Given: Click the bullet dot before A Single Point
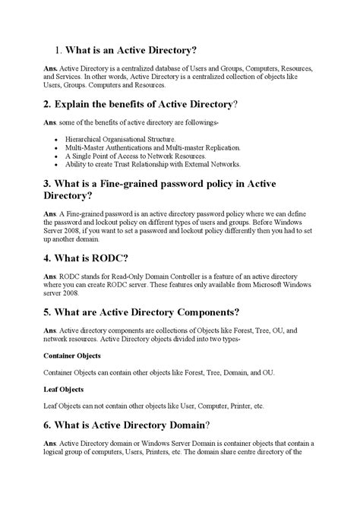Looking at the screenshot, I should click(x=58, y=156).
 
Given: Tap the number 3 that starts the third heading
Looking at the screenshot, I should click(x=47, y=183).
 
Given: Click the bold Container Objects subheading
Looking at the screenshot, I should click(x=72, y=355).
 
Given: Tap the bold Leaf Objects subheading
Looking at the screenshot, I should click(x=63, y=389).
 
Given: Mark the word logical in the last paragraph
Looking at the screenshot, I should click(x=56, y=451).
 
